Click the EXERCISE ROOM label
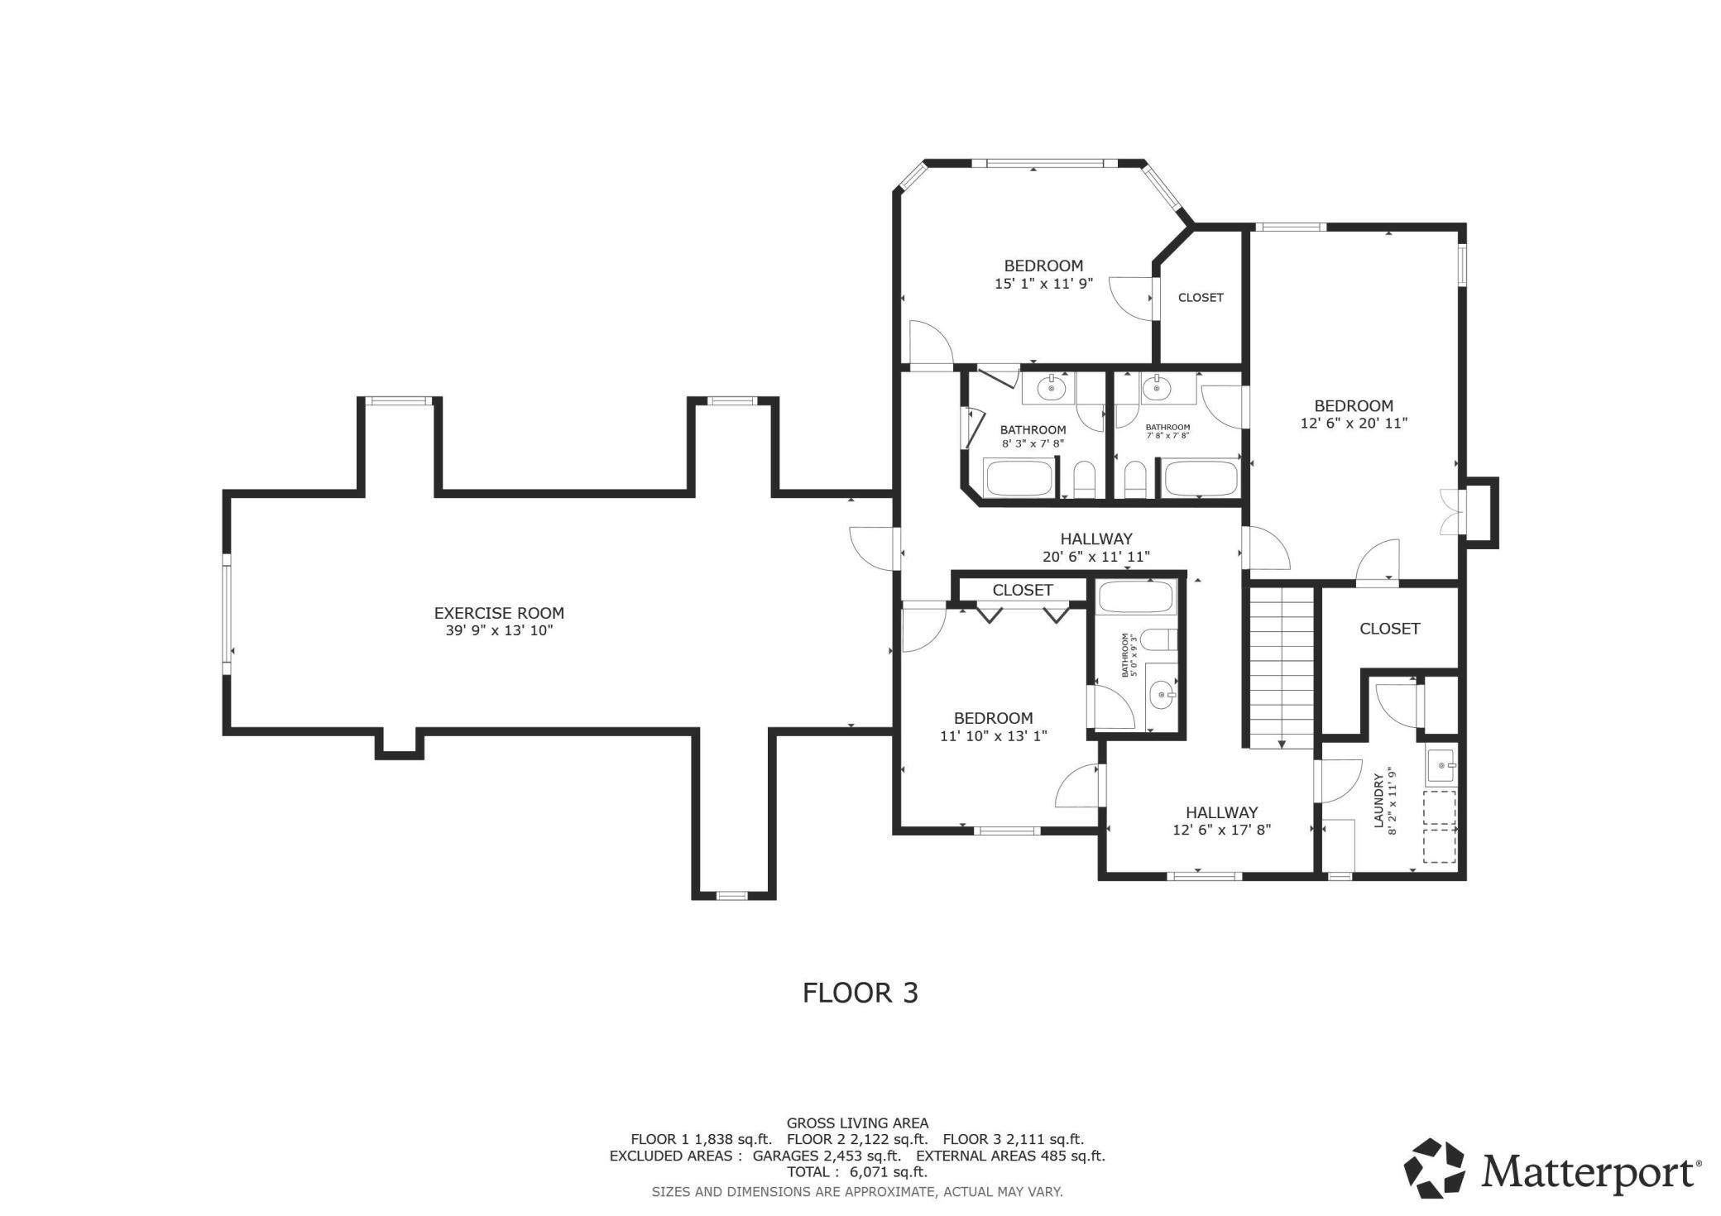499,613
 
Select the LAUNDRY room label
1378,800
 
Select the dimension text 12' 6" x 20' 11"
1354,423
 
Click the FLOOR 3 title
860,993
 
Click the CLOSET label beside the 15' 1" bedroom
1200,298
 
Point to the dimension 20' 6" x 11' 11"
1095,557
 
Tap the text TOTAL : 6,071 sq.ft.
856,1172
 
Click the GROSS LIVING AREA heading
857,1123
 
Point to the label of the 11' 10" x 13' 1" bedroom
993,718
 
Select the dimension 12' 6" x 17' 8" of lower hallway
1221,830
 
